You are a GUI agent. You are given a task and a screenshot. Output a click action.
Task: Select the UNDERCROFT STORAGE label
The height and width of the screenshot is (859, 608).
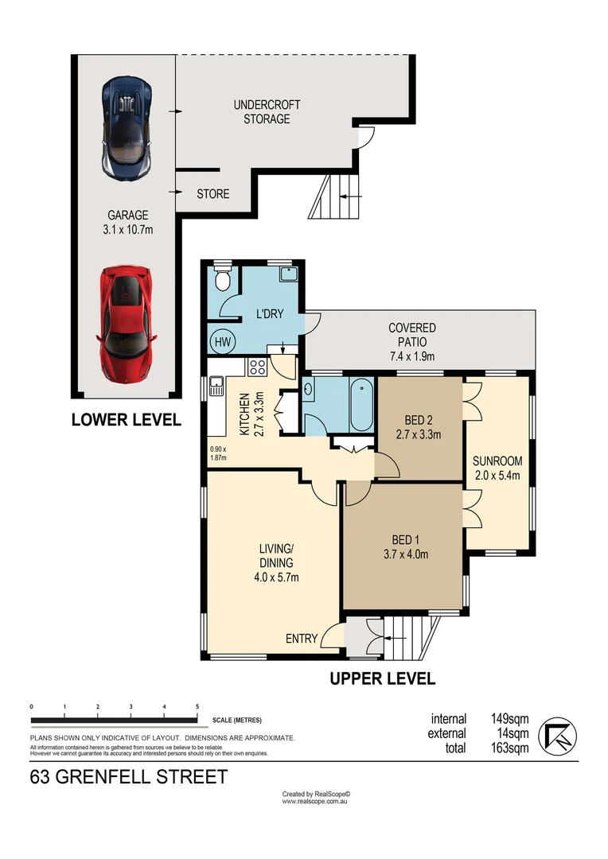pyautogui.click(x=267, y=112)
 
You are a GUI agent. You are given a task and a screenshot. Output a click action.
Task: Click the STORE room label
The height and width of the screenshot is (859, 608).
pyautogui.click(x=213, y=194)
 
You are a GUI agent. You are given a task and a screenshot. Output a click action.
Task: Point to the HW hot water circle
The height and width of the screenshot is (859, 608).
pyautogui.click(x=223, y=342)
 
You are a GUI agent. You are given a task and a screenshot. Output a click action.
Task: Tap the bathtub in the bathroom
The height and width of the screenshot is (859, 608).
pyautogui.click(x=361, y=404)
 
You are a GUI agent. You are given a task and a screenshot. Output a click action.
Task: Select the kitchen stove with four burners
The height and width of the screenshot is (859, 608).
pyautogui.click(x=257, y=367)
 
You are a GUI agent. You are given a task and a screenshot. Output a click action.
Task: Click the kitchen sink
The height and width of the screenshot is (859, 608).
pyautogui.click(x=216, y=387)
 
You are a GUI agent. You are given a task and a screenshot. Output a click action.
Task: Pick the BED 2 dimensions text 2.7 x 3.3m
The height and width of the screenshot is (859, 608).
pyautogui.click(x=419, y=435)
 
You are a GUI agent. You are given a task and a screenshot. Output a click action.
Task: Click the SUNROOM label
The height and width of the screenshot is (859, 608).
pyautogui.click(x=497, y=461)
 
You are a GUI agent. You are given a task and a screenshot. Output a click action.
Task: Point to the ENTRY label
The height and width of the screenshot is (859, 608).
pyautogui.click(x=302, y=639)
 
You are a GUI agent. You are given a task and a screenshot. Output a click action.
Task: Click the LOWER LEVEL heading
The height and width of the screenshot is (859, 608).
pyautogui.click(x=126, y=420)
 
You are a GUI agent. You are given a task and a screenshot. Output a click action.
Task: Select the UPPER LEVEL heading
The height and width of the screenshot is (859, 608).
pyautogui.click(x=383, y=678)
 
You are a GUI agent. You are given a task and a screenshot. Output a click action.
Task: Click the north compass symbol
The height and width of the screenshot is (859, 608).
pyautogui.click(x=558, y=737)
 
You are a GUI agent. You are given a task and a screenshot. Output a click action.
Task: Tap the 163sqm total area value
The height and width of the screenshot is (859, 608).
pyautogui.click(x=510, y=748)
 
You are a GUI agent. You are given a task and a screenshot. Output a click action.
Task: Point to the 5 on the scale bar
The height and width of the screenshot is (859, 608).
pyautogui.click(x=197, y=707)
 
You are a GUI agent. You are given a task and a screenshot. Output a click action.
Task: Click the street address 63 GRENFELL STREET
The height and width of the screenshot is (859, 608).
pyautogui.click(x=129, y=777)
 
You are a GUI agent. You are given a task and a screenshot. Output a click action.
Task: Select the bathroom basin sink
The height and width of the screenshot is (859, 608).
pyautogui.click(x=309, y=390)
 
